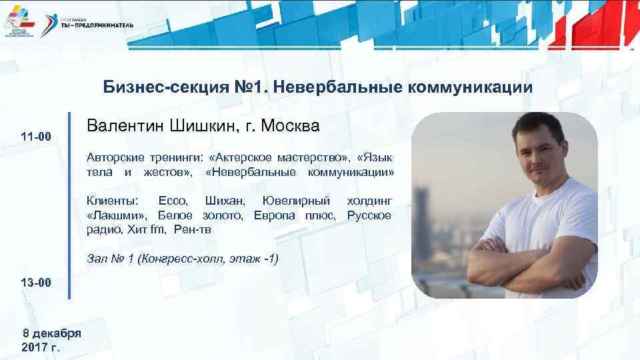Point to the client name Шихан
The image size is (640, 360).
225,201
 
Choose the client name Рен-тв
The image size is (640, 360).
193,230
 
